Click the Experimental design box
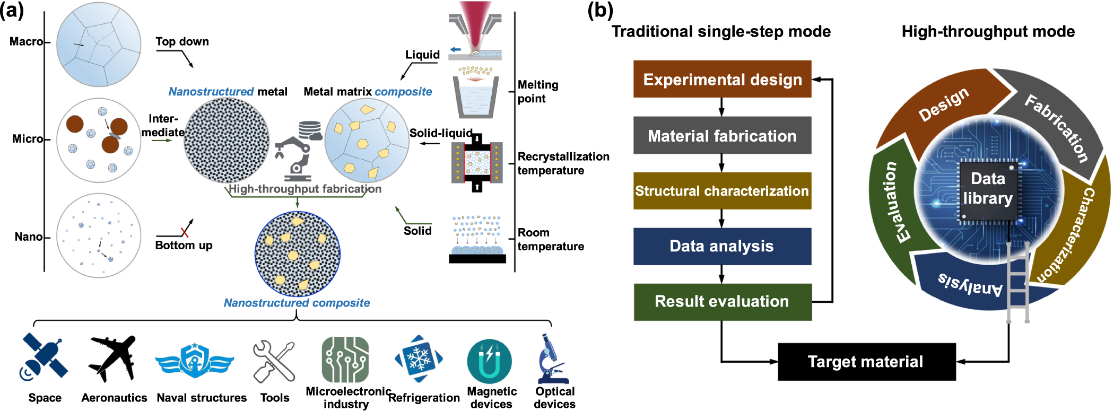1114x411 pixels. point(722,79)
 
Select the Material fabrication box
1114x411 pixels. point(722,135)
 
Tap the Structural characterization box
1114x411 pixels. point(722,191)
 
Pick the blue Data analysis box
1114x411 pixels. point(722,246)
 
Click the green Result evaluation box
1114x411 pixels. point(722,302)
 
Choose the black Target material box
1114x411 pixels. point(866,362)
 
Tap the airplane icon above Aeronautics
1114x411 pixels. point(113,358)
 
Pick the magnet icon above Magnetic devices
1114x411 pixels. point(489,361)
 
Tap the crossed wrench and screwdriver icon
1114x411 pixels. point(274,361)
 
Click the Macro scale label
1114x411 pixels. point(26,41)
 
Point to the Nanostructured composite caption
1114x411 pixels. point(297,303)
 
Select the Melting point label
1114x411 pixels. point(538,91)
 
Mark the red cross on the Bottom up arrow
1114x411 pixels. point(185,231)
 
